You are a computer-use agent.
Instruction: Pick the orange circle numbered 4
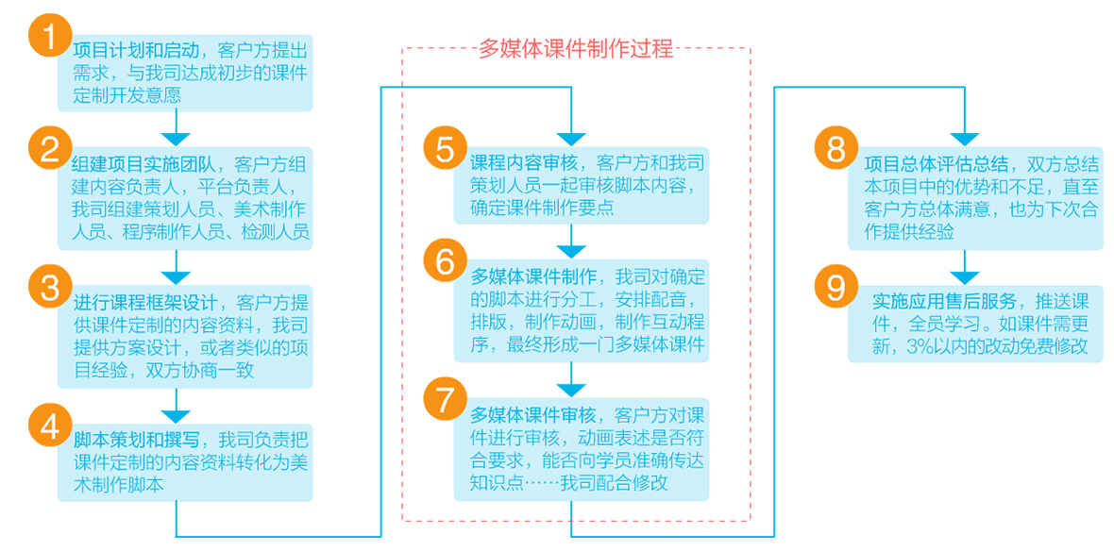[x=49, y=426]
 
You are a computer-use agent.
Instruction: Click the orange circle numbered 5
[x=446, y=150]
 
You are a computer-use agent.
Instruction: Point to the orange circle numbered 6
[x=446, y=261]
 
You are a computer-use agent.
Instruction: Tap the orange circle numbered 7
[x=446, y=400]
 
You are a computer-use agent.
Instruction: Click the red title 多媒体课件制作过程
[x=576, y=50]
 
